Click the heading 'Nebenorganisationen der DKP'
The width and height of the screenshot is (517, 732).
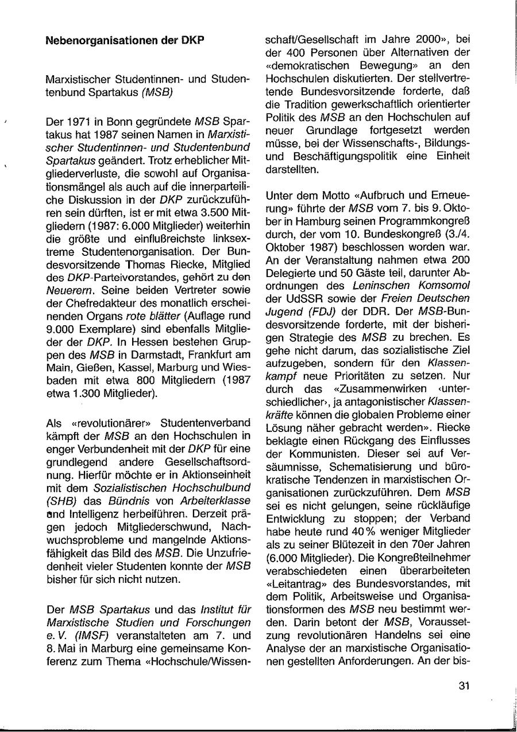tap(124, 41)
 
